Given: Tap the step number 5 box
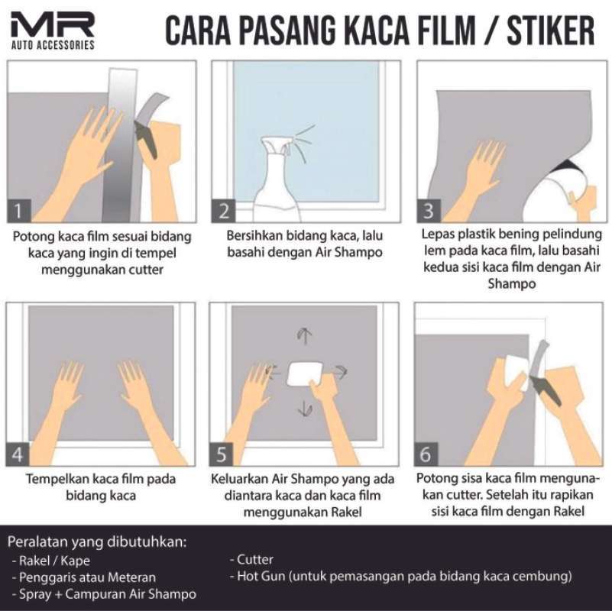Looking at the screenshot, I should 223,454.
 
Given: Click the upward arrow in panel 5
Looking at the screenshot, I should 305,336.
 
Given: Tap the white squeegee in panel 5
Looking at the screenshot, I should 303,374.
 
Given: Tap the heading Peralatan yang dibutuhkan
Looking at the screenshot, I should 97,543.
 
